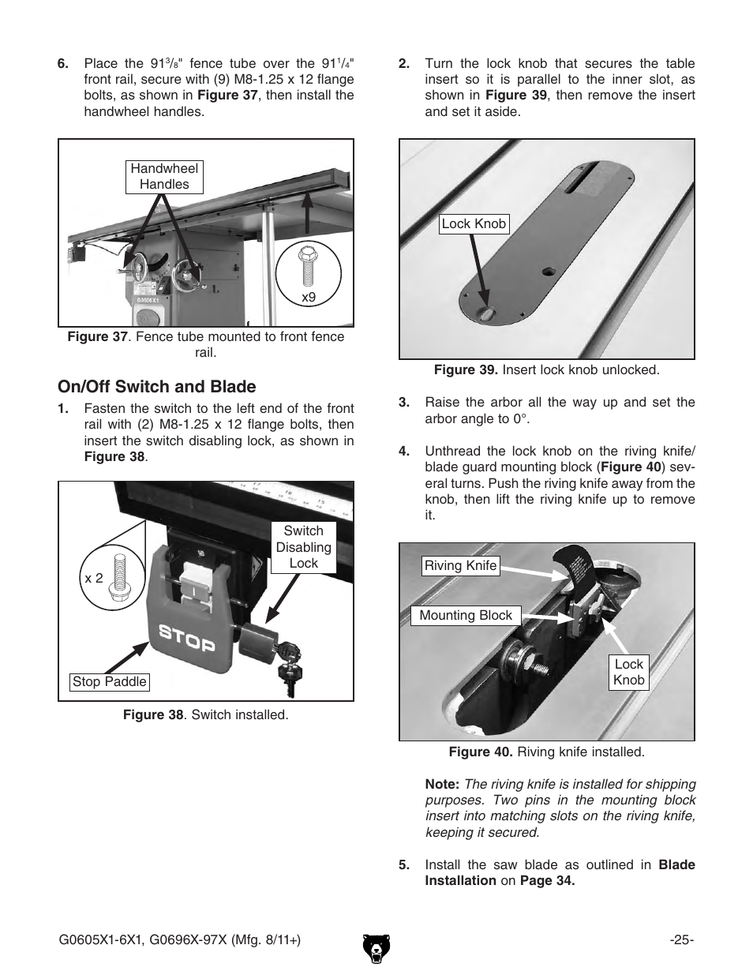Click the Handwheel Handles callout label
(164, 176)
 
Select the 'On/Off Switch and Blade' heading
(156, 387)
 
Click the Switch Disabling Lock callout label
(303, 547)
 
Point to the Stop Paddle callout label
(109, 681)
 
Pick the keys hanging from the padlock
(287, 667)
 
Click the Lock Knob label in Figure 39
(474, 224)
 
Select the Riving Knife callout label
(460, 565)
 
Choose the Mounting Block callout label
(465, 616)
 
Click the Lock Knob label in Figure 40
(628, 672)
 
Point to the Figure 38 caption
(205, 715)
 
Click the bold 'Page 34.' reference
(547, 880)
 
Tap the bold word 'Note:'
(442, 784)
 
